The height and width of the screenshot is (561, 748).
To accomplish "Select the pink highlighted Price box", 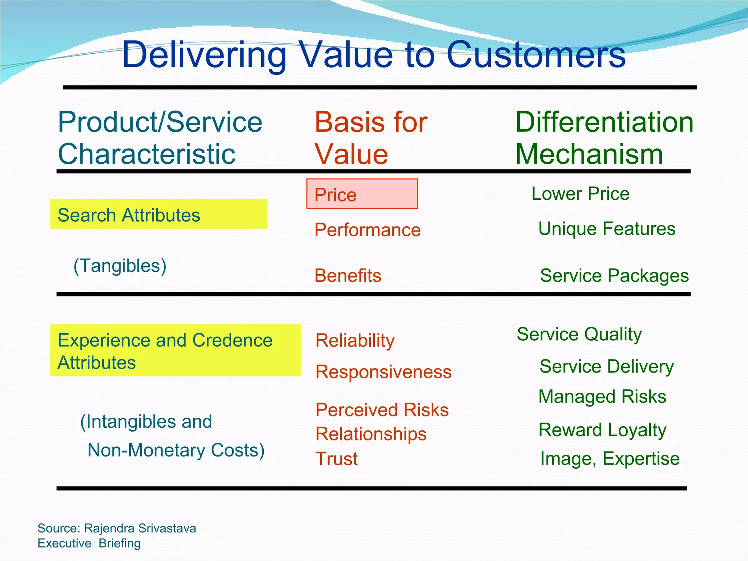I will coord(362,194).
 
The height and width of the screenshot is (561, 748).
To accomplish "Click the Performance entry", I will coord(367,230).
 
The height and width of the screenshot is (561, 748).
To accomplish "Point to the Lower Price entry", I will coord(580,194).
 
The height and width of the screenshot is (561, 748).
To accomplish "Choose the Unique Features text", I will coord(606,229).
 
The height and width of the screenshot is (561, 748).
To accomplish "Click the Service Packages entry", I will coord(614,276).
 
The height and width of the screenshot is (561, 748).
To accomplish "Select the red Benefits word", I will coord(348,276).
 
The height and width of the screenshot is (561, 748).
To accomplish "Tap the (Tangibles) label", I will coord(120,266).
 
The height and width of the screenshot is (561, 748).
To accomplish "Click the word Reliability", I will coord(355,340).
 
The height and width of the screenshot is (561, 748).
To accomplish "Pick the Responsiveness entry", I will coord(383,372).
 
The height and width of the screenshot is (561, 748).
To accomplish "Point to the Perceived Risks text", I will coord(382,410).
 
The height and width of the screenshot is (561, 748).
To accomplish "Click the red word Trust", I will coord(336,459).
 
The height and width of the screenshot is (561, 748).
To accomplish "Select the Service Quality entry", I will coord(579,334).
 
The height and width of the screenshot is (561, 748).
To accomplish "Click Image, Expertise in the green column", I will coord(610,459).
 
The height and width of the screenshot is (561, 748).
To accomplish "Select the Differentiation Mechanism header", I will coord(604,138).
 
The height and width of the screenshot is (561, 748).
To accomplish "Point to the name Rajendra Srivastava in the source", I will coord(140,528).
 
